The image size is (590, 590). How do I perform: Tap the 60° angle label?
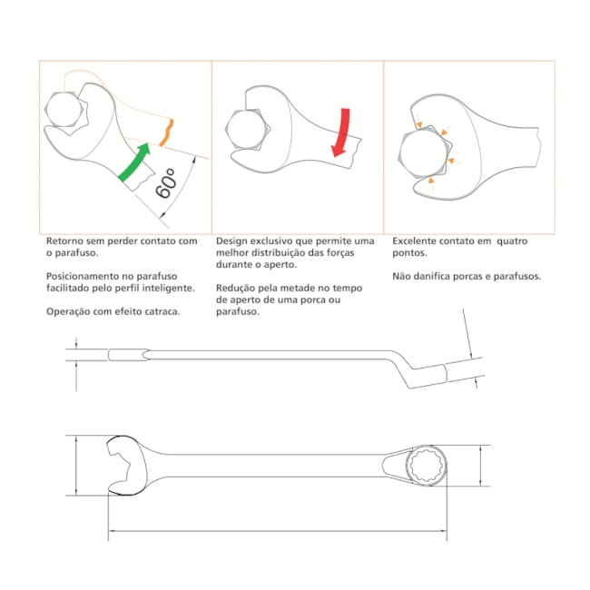[166, 182]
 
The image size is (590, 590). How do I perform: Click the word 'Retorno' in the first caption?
[67, 241]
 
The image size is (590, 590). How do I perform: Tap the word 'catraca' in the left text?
[160, 310]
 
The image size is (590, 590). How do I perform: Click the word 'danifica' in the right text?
[435, 276]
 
